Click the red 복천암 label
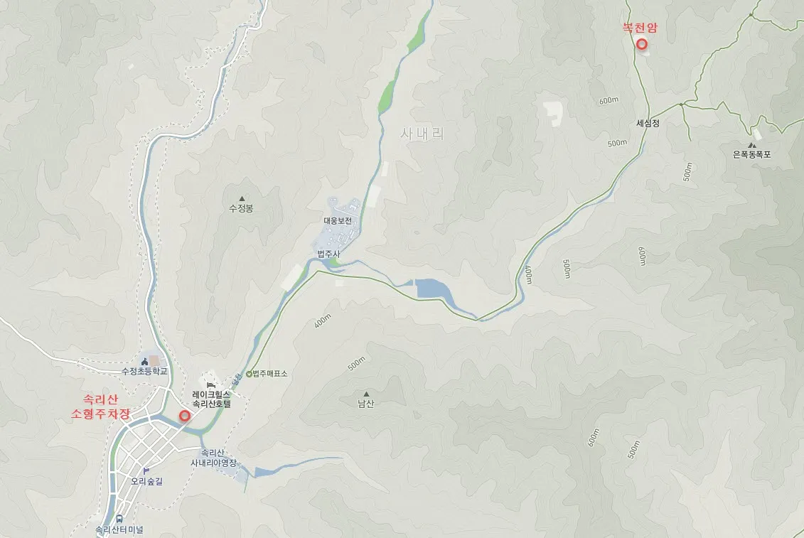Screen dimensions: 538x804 click(640, 28)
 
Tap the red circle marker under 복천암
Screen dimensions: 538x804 click(641, 44)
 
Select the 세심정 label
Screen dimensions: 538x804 click(648, 123)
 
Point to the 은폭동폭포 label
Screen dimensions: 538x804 click(751, 154)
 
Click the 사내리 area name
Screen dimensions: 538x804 click(422, 133)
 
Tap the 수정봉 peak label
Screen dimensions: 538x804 click(241, 209)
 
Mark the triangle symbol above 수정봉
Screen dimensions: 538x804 click(241, 198)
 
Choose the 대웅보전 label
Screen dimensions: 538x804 click(338, 221)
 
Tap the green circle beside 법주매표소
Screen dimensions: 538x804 click(249, 374)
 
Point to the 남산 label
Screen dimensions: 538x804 click(366, 404)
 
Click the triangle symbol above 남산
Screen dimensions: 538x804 click(366, 394)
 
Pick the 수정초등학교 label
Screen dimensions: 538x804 click(144, 371)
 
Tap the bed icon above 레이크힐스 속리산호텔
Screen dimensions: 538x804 click(210, 384)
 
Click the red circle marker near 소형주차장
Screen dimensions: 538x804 click(185, 416)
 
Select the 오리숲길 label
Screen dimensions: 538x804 click(146, 481)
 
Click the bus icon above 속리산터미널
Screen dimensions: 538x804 click(119, 519)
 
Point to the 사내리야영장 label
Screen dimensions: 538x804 click(213, 463)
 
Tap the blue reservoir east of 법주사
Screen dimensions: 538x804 click(432, 289)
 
